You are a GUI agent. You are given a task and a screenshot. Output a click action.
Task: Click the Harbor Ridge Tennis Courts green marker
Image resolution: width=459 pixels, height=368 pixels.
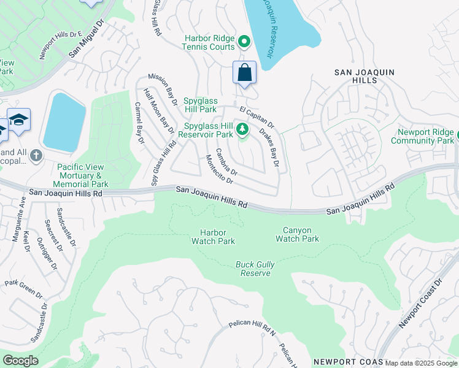click(x=244, y=42)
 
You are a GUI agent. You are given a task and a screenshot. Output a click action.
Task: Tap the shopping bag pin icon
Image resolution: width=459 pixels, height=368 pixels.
click(x=244, y=73)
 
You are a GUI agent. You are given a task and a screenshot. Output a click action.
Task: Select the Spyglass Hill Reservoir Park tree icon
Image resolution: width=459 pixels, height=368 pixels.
click(x=243, y=129)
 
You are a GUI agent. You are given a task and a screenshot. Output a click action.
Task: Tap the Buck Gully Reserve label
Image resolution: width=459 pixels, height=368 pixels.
click(x=255, y=269)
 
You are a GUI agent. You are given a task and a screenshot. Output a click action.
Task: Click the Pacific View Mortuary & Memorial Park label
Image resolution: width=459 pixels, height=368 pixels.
click(x=82, y=175)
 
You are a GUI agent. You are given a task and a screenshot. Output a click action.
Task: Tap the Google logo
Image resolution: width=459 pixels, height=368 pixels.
click(x=20, y=361)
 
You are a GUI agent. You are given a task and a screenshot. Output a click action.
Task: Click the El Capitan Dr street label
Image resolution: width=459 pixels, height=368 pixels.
click(x=256, y=118)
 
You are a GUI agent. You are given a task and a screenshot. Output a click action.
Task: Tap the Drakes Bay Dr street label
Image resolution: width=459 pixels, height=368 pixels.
click(x=269, y=148)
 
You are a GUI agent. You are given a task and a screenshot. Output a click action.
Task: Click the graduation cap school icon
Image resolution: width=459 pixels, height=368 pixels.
click(x=19, y=119)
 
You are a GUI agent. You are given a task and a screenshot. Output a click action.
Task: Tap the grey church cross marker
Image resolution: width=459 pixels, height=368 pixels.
click(x=36, y=155)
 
